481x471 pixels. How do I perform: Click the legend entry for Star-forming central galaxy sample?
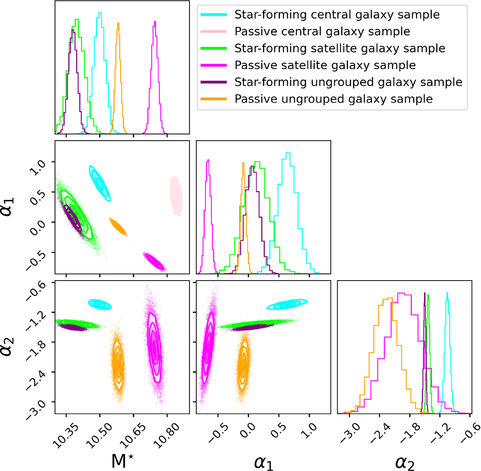[337, 15]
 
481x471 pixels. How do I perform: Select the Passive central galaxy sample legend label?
[322, 32]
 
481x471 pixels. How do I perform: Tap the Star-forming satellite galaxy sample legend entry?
[340, 49]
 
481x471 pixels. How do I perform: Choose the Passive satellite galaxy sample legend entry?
[325, 65]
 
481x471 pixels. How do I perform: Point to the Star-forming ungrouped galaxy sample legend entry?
[348, 82]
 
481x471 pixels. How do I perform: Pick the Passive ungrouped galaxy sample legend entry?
[333, 99]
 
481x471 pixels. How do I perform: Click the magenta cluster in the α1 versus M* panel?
[154, 261]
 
